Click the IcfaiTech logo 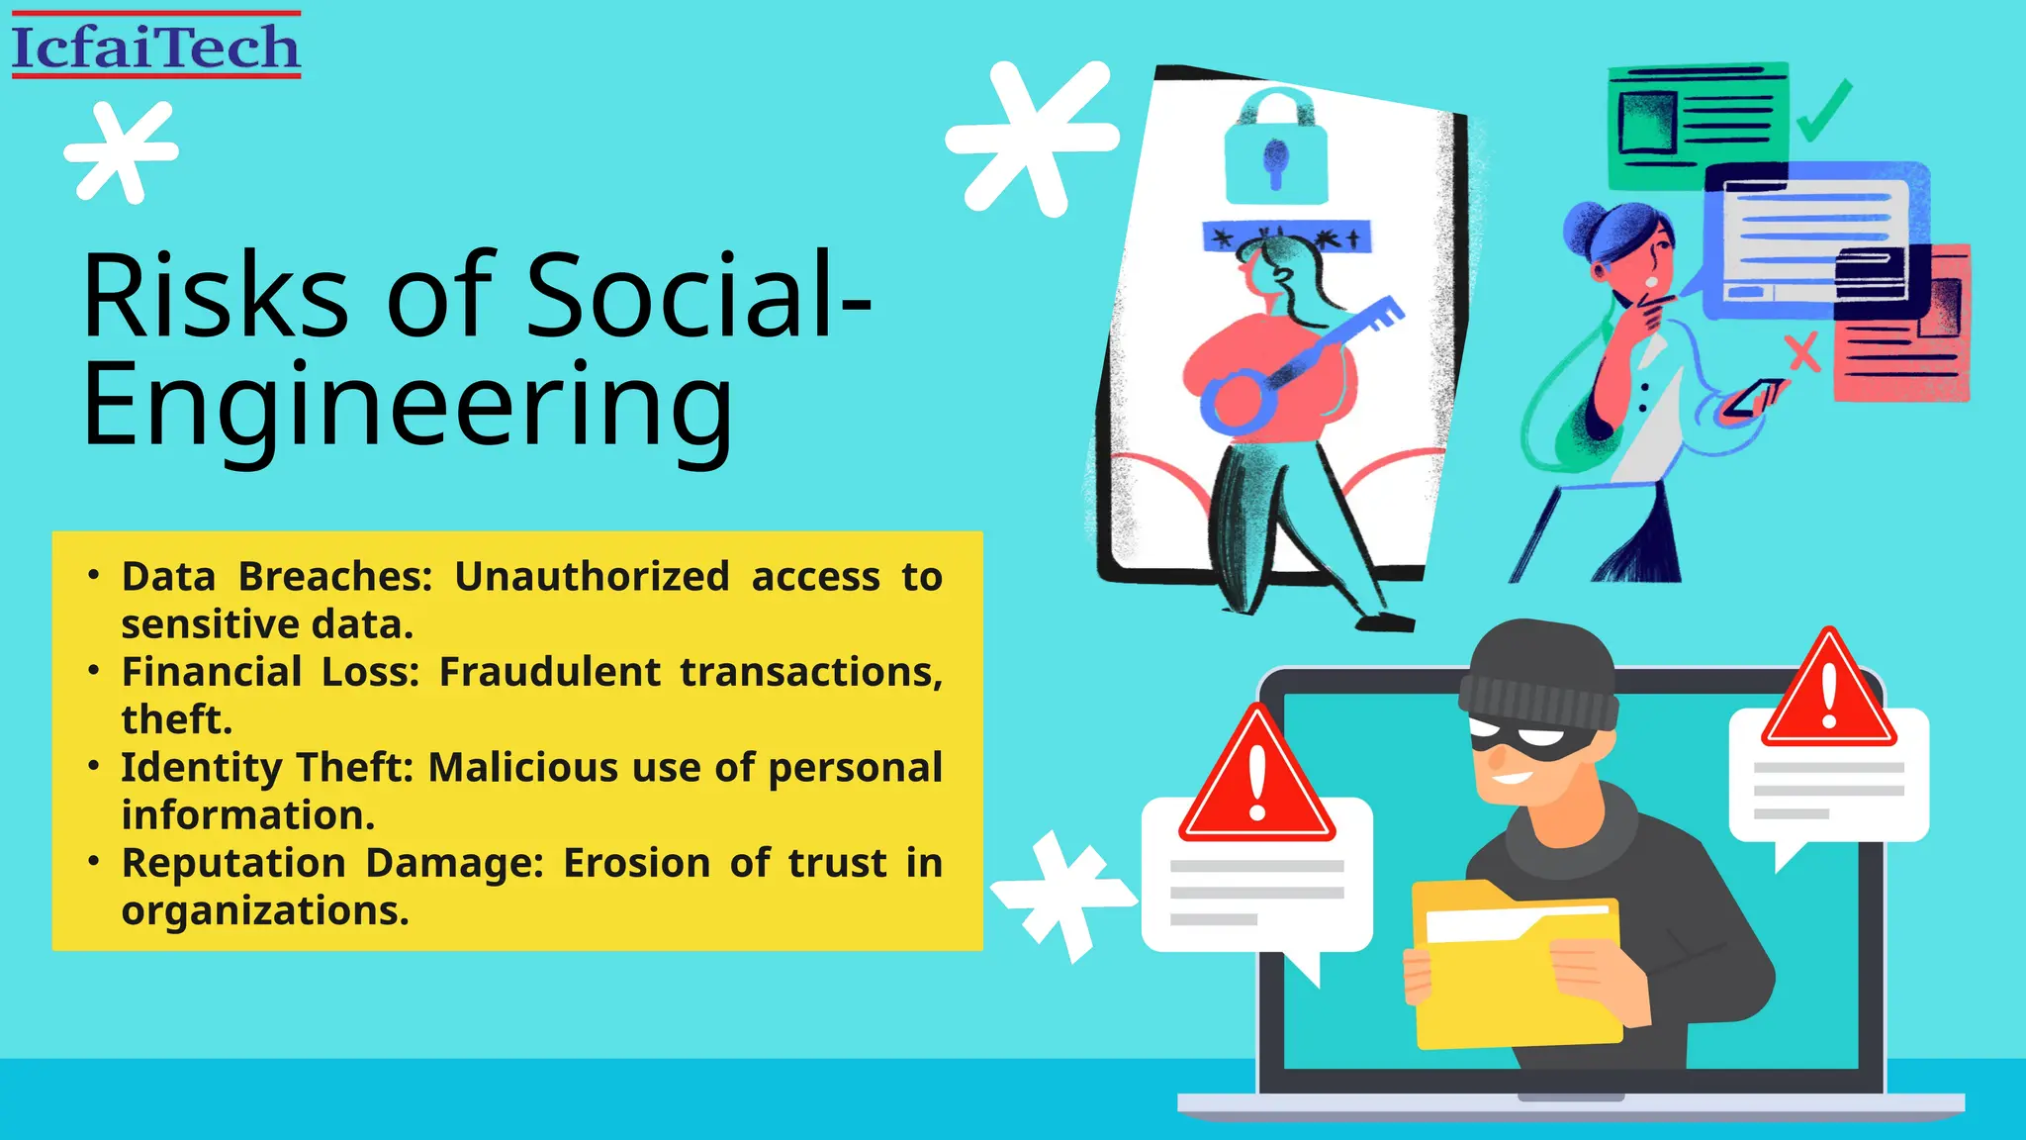pyautogui.click(x=155, y=46)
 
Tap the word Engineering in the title pyautogui.click(x=408, y=407)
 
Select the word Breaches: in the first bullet pyautogui.click(x=335, y=576)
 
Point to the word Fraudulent pyautogui.click(x=549, y=672)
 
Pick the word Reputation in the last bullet pyautogui.click(x=232, y=863)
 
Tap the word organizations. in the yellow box pyautogui.click(x=265, y=910)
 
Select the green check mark pyautogui.click(x=1823, y=111)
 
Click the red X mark pyautogui.click(x=1803, y=352)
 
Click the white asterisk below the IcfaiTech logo pyautogui.click(x=122, y=151)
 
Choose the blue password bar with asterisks pyautogui.click(x=1286, y=237)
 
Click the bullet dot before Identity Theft pyautogui.click(x=94, y=767)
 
